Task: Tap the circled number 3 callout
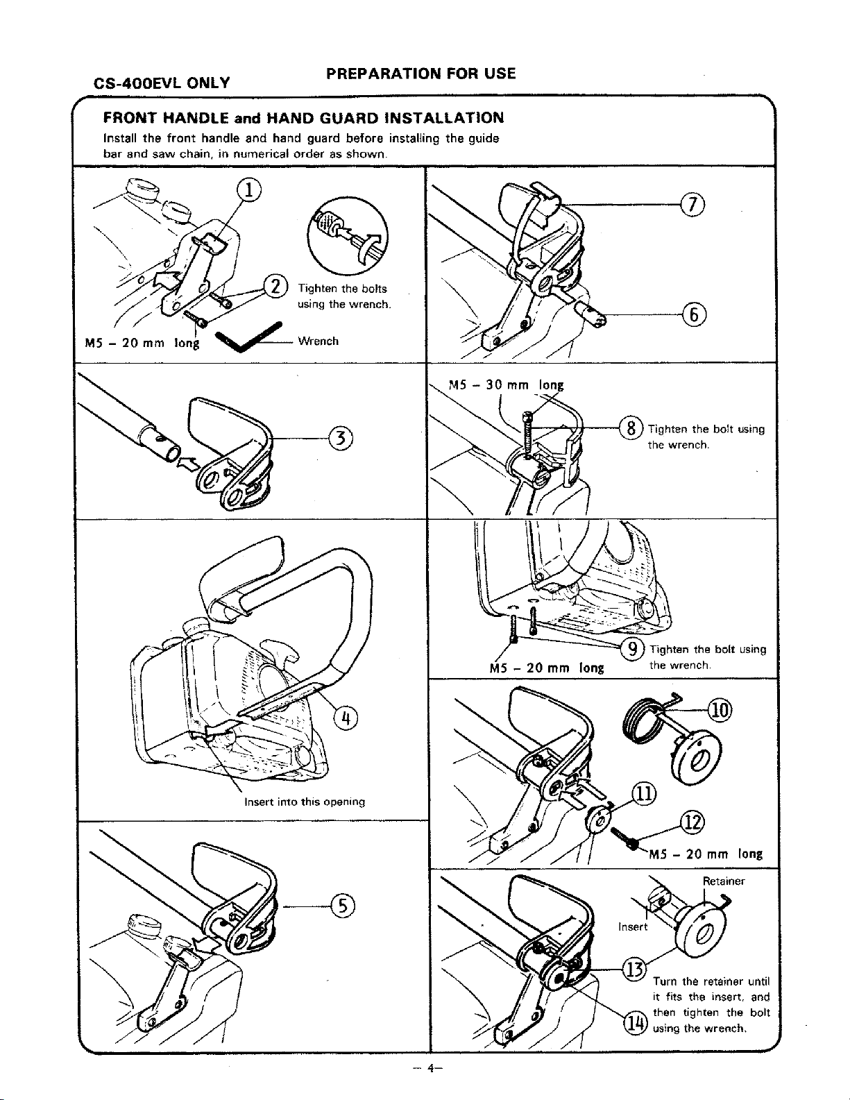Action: coord(341,438)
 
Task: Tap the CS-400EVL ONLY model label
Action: coord(162,84)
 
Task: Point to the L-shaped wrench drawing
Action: coord(246,339)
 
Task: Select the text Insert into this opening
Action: coord(305,802)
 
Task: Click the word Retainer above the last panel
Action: coord(724,881)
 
